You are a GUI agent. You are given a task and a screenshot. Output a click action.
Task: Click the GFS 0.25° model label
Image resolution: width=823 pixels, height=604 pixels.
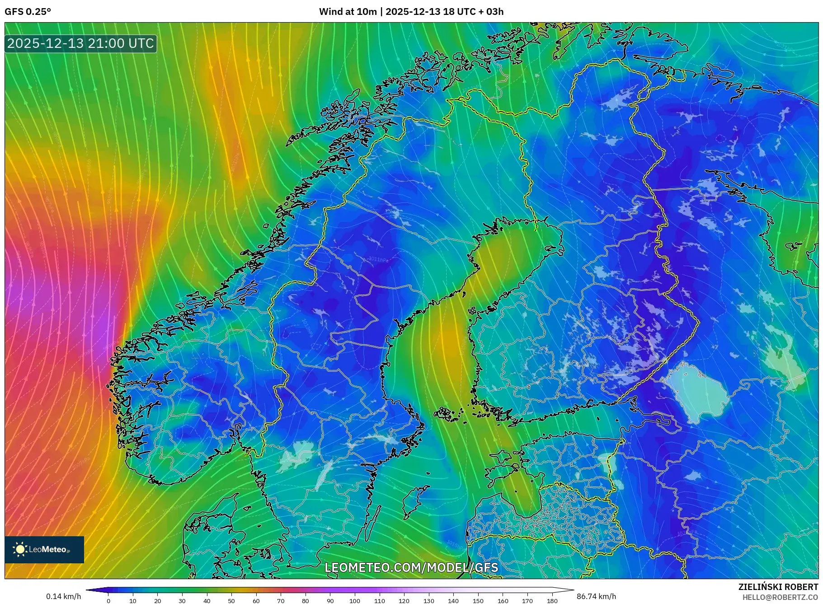point(28,12)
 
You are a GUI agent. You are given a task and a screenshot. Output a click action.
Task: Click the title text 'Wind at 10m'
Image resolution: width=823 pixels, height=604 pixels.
point(348,12)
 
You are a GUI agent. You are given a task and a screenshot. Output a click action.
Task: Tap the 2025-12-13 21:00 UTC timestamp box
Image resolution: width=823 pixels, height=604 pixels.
point(81,43)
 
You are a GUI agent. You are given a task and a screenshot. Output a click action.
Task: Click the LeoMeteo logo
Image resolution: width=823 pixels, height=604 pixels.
point(44,549)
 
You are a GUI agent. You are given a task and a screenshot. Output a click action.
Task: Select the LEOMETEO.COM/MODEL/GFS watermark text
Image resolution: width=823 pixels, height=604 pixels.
point(411,567)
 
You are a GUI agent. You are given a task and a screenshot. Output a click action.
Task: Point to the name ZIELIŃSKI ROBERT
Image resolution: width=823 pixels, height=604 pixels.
point(778,587)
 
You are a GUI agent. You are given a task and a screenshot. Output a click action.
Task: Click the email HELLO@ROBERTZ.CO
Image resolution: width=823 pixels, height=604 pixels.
point(780,597)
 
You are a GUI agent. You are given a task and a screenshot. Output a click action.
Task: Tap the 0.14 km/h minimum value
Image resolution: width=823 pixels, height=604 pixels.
point(63,596)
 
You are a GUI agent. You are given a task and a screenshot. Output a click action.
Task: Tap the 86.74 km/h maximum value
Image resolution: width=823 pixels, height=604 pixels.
point(596,596)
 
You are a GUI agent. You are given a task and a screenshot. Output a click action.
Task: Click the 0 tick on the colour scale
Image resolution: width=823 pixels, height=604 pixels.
point(108,600)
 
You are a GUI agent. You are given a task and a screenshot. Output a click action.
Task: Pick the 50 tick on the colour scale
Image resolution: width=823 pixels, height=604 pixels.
point(231,600)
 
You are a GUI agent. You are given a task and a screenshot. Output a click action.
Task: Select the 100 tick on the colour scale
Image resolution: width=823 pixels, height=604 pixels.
point(355,600)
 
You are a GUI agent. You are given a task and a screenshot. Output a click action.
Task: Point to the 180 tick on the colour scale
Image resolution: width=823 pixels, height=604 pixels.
point(552,600)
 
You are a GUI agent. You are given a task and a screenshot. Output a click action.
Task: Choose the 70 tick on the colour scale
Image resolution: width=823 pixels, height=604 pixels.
point(281,600)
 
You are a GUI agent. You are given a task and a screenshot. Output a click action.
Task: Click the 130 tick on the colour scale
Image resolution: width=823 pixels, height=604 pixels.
point(428,600)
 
